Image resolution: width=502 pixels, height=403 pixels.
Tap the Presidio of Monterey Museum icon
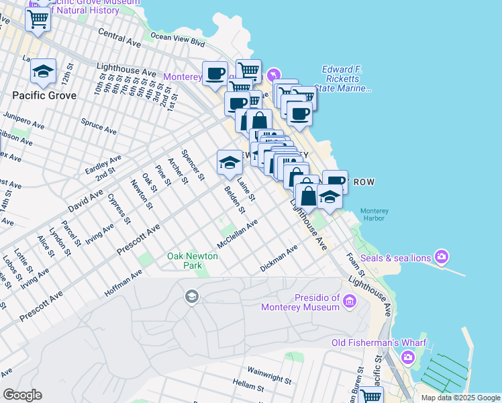[349, 302]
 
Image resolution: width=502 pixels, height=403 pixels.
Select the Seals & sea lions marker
[442, 256]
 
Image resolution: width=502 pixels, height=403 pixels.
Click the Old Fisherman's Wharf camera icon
[408, 357]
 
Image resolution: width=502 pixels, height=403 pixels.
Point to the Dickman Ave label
[279, 259]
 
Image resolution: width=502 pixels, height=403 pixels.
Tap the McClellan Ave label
[237, 233]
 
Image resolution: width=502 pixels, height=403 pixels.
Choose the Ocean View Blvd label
[177, 40]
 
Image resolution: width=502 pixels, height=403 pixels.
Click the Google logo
[22, 394]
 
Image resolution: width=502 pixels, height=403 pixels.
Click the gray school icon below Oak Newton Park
[192, 296]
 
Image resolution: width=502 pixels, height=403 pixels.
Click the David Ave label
[85, 200]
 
